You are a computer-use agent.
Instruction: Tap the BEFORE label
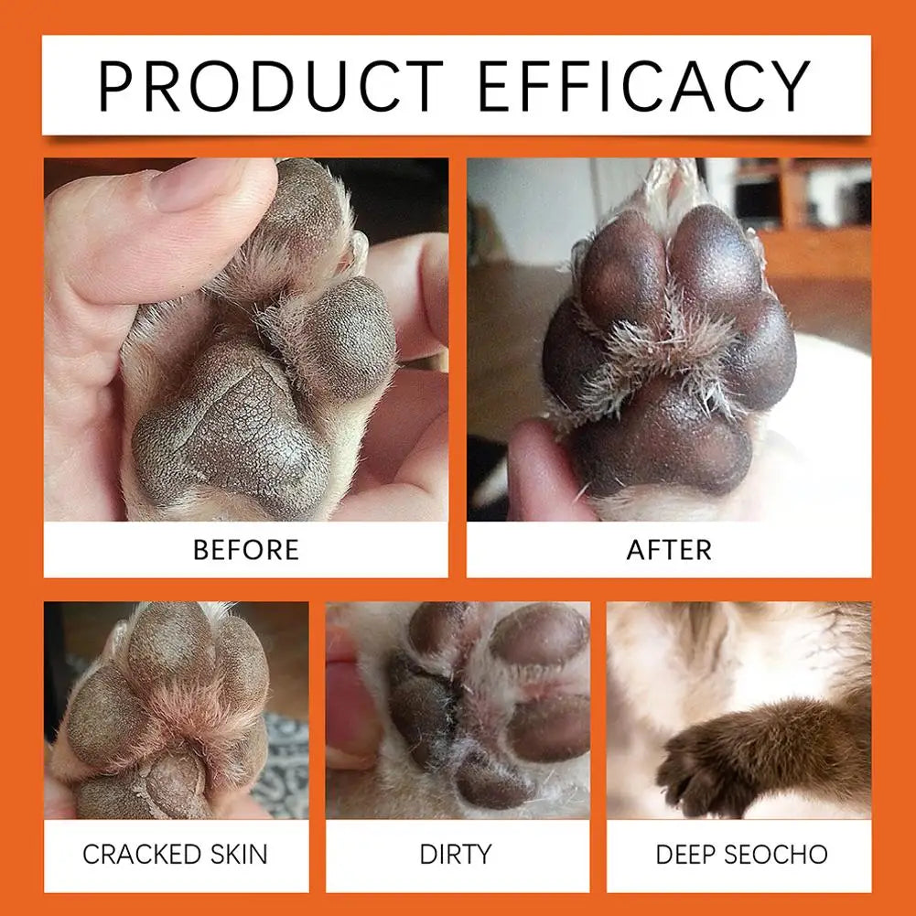pos(245,550)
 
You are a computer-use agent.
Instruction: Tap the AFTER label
pos(669,550)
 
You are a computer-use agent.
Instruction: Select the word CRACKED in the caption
pos(139,855)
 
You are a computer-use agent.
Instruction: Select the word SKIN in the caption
pos(236,855)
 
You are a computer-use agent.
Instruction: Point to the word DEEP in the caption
pos(686,855)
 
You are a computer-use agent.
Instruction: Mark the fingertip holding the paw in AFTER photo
pos(540,476)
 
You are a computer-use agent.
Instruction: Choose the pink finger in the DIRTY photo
pos(352,705)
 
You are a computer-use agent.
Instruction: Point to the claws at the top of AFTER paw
pos(673,178)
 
